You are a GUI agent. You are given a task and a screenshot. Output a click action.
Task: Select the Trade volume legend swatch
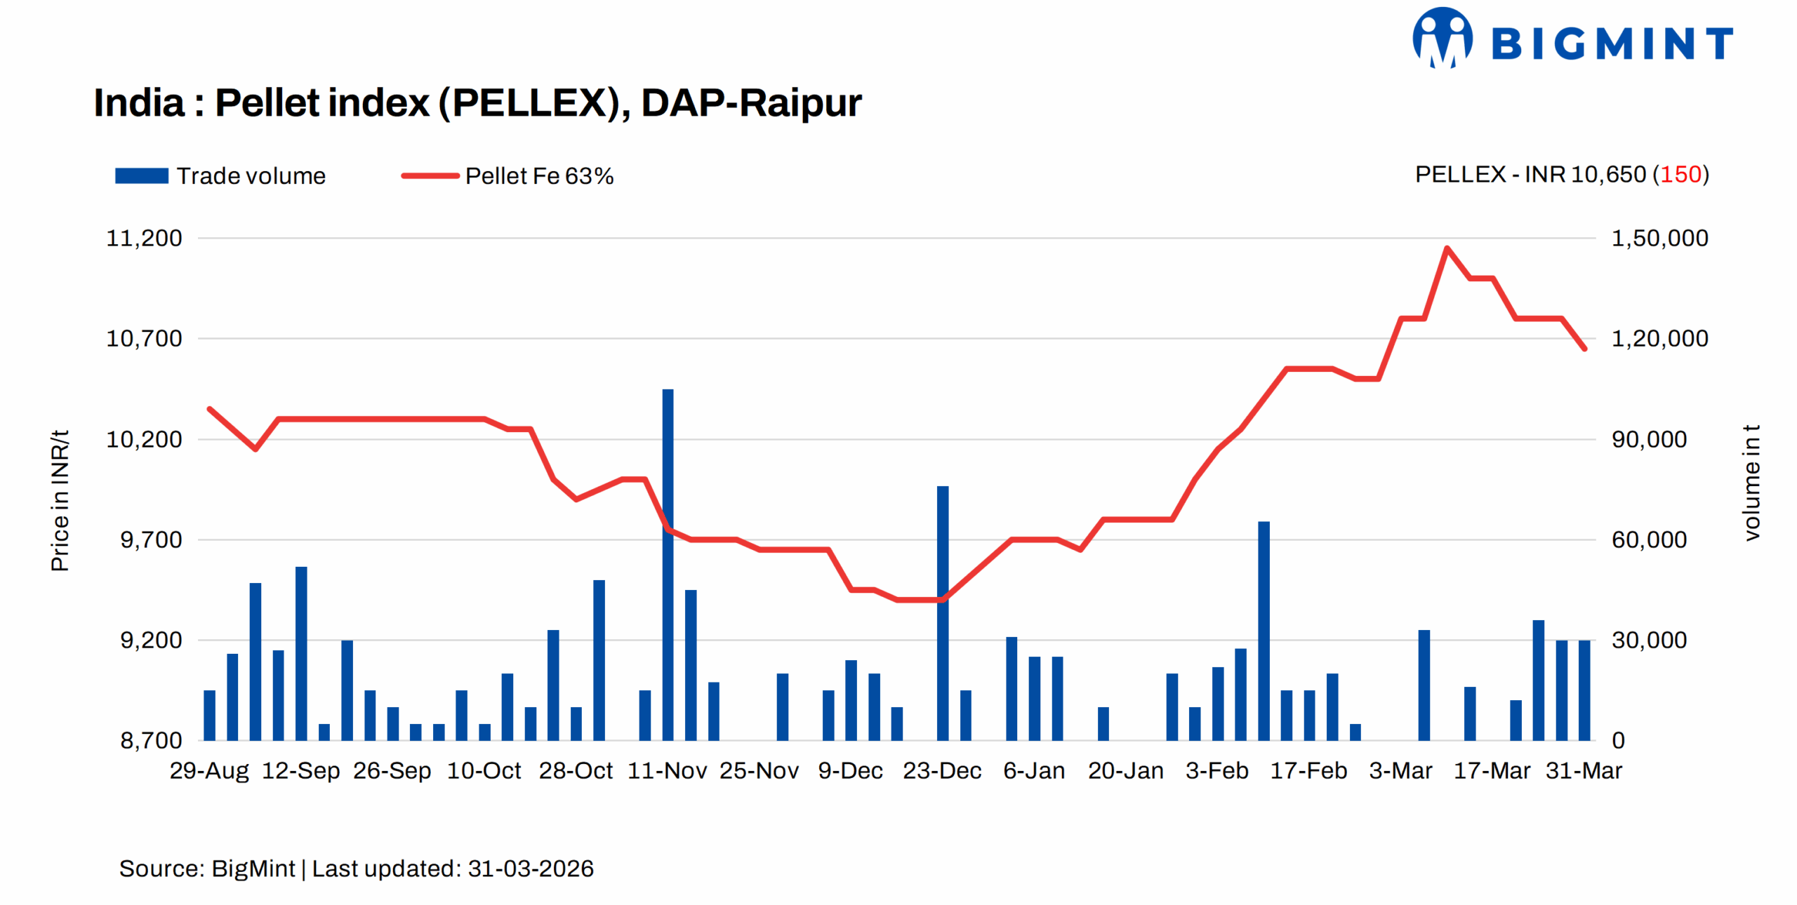[141, 175]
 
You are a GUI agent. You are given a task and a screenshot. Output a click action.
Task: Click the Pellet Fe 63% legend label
[538, 175]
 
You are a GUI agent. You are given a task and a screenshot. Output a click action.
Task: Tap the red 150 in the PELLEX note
[1680, 174]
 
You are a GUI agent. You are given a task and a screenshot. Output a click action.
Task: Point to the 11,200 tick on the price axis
[144, 238]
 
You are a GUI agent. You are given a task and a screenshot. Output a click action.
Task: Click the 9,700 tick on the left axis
[151, 539]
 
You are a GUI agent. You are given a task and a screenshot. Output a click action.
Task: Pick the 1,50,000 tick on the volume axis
[1659, 238]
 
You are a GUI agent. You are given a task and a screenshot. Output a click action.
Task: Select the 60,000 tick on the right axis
[1648, 539]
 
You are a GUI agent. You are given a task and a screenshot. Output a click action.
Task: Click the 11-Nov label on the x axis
[667, 770]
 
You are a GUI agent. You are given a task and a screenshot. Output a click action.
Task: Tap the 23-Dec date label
[941, 770]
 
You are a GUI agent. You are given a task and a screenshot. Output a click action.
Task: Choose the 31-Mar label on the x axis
[1584, 770]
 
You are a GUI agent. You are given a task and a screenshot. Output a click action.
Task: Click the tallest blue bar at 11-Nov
[668, 561]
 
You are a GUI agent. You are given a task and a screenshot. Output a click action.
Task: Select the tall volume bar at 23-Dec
[942, 610]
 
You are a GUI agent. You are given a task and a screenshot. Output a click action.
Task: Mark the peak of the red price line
[1447, 248]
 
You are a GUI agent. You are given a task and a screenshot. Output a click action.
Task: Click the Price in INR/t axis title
[60, 500]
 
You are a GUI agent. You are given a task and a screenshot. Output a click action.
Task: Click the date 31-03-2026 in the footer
[530, 869]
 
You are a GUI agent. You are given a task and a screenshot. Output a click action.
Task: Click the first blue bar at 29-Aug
[209, 715]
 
